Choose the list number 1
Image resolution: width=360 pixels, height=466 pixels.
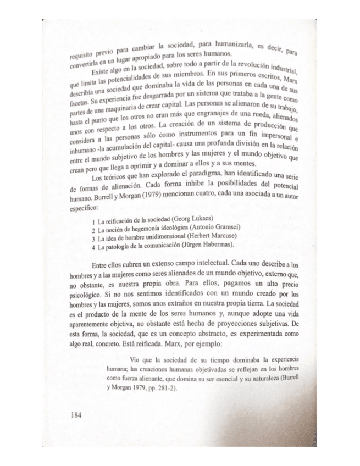94,221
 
